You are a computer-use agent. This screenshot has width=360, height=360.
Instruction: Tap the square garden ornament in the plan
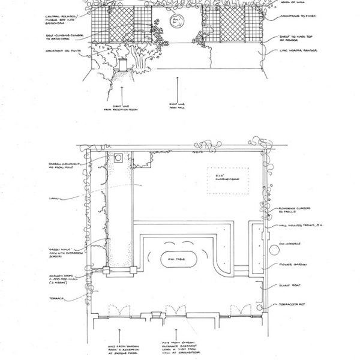[119, 158]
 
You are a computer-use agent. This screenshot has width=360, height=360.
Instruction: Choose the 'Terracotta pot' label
[293, 305]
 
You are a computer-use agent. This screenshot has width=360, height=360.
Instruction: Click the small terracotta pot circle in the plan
[260, 304]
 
